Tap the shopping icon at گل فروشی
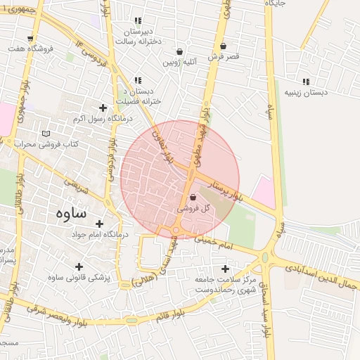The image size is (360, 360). pyautogui.click(x=193, y=198)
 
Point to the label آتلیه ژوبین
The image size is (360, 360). pyautogui.click(x=181, y=63)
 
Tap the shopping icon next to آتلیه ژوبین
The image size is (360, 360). pyautogui.click(x=180, y=51)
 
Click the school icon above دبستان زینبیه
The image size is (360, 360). pyautogui.click(x=305, y=81)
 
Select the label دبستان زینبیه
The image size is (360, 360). pyautogui.click(x=305, y=92)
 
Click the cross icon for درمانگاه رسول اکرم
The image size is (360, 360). pyautogui.click(x=103, y=108)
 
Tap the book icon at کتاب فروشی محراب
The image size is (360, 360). pyautogui.click(x=46, y=134)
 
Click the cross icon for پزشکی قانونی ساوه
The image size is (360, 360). pyautogui.click(x=79, y=266)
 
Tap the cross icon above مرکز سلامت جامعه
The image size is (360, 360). pyautogui.click(x=225, y=269)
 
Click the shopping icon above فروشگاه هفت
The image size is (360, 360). pyautogui.click(x=29, y=39)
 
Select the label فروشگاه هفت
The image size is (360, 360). pyautogui.click(x=31, y=49)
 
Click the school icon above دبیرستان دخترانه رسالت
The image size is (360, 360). pyautogui.click(x=138, y=21)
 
